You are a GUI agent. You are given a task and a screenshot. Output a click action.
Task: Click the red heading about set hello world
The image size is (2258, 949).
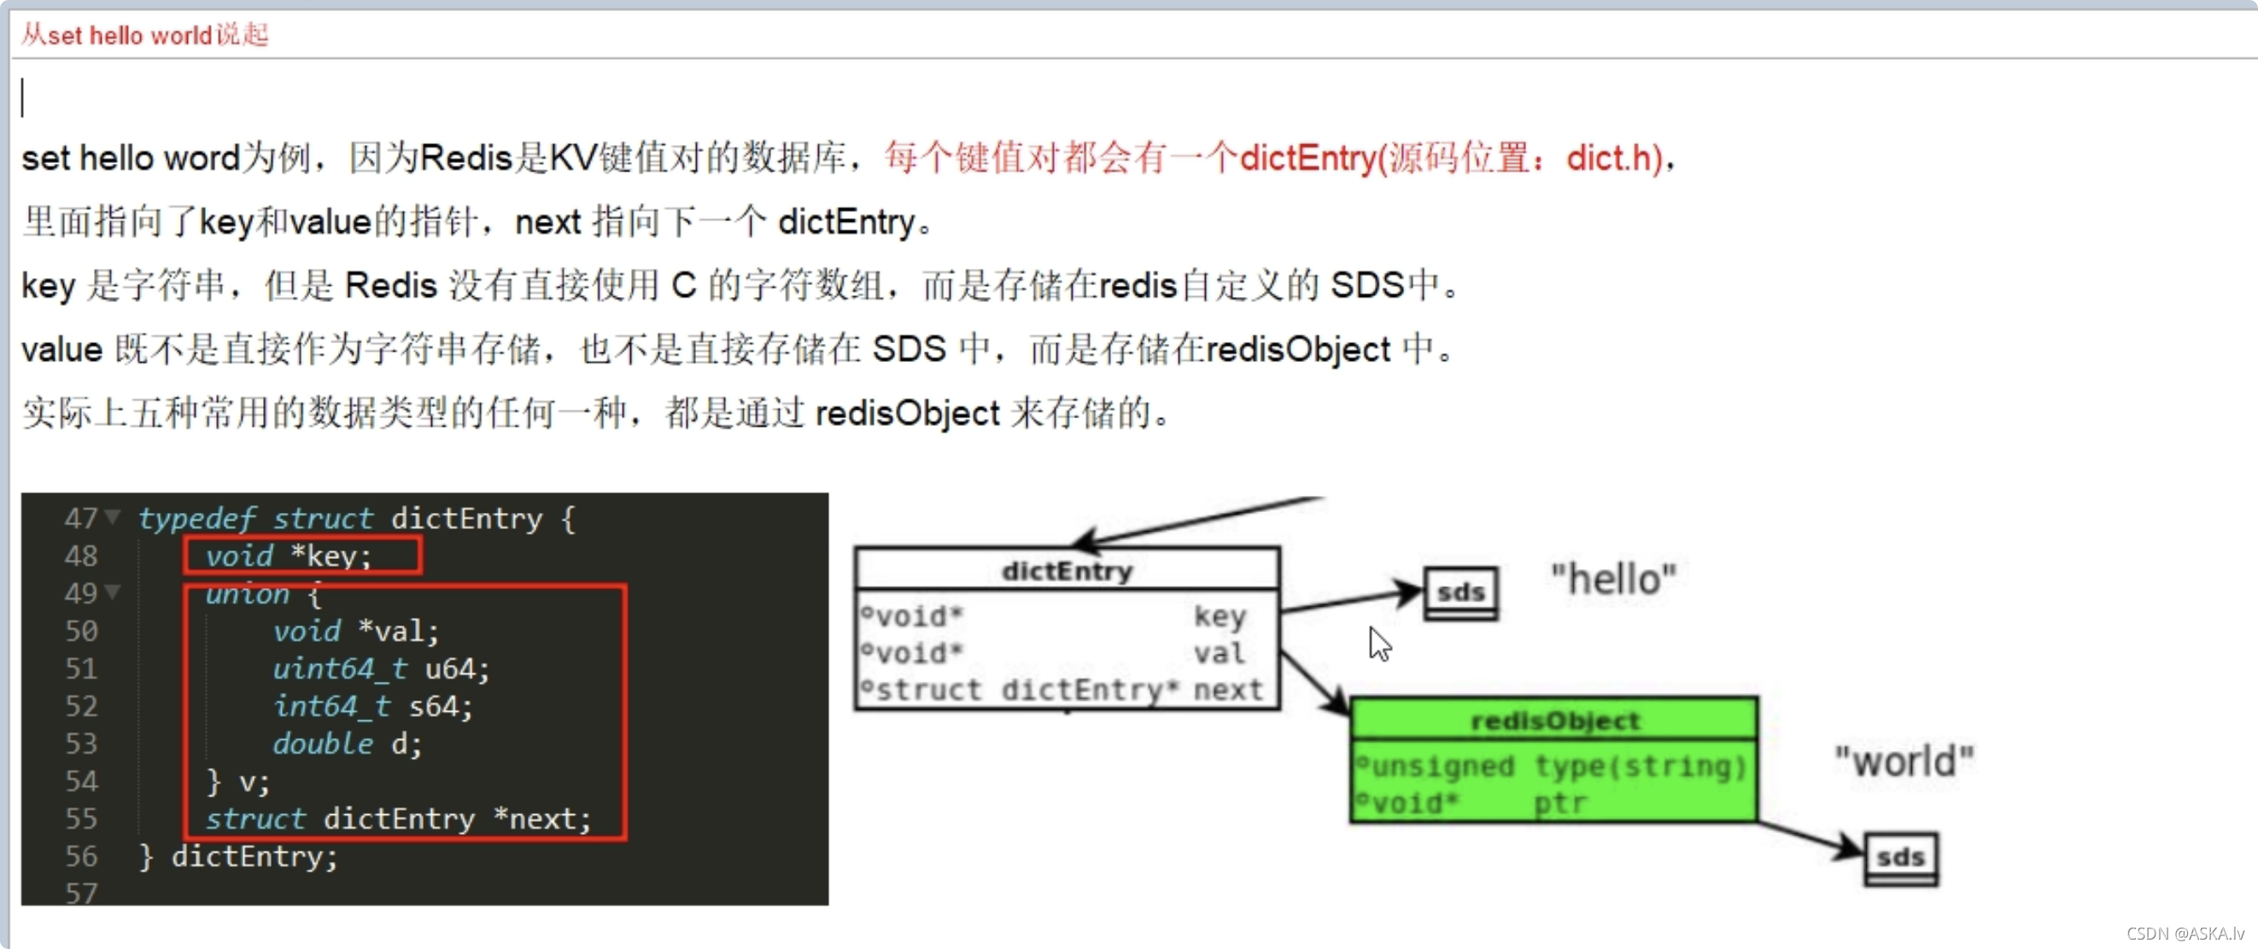click(x=144, y=35)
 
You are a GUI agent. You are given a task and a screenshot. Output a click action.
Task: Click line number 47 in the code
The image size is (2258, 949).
click(x=80, y=519)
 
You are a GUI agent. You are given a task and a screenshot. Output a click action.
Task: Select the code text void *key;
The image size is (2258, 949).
click(x=289, y=556)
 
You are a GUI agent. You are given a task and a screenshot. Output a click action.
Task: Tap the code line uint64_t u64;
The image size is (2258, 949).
click(x=380, y=669)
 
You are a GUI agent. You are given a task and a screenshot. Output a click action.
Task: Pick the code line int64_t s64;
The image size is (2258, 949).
click(x=372, y=707)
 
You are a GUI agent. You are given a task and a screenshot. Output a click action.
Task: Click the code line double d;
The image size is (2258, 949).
click(x=347, y=745)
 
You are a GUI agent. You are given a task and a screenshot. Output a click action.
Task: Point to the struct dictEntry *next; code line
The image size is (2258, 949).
click(x=398, y=819)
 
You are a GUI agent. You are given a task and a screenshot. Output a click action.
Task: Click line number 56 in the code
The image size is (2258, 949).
click(x=80, y=856)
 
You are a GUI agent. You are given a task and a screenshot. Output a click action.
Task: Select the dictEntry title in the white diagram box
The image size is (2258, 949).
click(x=1067, y=571)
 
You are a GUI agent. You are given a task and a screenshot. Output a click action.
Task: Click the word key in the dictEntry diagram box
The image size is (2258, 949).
click(x=1220, y=616)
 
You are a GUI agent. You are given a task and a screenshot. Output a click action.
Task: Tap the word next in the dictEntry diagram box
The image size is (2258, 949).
click(x=1228, y=690)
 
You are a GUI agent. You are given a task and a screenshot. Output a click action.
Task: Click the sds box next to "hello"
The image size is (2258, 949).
click(x=1460, y=593)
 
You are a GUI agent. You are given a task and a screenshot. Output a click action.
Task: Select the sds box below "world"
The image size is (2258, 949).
click(x=1900, y=858)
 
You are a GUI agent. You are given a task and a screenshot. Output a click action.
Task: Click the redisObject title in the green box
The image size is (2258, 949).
click(x=1554, y=721)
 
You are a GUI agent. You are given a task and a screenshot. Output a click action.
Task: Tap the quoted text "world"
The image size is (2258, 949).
click(x=1904, y=761)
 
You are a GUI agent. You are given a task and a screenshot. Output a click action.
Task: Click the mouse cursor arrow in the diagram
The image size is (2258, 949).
click(x=1380, y=644)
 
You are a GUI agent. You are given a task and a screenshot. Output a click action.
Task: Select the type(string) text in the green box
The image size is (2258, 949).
click(x=1640, y=766)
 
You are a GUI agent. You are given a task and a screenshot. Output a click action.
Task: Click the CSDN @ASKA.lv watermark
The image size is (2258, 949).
click(x=2185, y=934)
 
